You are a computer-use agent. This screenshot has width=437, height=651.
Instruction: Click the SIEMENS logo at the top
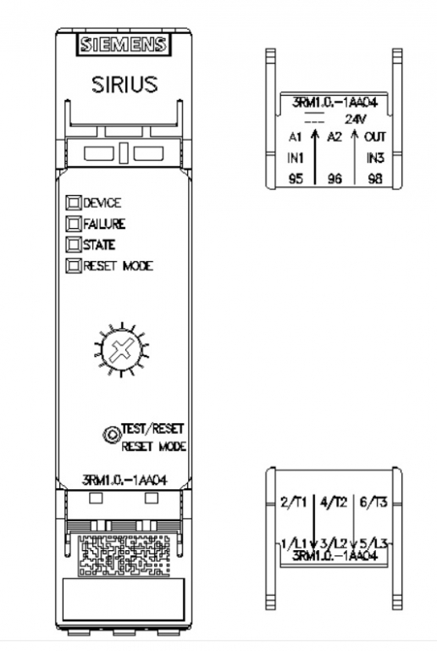pos(124,44)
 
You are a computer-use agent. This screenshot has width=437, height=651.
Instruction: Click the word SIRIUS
pos(124,84)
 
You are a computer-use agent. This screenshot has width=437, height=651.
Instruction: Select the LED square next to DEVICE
pos(74,203)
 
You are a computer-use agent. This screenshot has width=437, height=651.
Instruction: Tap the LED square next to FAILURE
pos(74,224)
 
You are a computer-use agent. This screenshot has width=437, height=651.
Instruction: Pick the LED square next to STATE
pos(74,244)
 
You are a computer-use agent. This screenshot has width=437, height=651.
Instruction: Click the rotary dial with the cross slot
pos(122,348)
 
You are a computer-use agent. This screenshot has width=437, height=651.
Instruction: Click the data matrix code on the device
pos(124,555)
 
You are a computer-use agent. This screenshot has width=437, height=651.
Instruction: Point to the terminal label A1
pos(296,136)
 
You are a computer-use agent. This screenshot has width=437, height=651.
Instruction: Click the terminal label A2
pos(335,136)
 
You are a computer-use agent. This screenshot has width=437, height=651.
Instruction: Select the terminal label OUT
pos(375,136)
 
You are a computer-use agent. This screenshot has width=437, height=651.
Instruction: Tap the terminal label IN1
pos(296,158)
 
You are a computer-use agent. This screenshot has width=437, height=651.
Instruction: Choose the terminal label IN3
pos(376,158)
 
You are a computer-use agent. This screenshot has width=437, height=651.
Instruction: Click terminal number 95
pos(296,179)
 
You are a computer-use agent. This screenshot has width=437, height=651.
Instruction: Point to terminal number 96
pos(335,179)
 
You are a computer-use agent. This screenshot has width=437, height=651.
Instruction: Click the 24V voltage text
pos(356,120)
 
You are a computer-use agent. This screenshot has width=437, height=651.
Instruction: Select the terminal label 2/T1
pos(293,503)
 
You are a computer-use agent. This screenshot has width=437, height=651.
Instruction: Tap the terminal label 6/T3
pos(373,503)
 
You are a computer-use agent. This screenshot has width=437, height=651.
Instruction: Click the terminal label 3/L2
pos(334,542)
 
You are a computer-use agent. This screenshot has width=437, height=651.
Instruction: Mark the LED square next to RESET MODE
pos(74,265)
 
